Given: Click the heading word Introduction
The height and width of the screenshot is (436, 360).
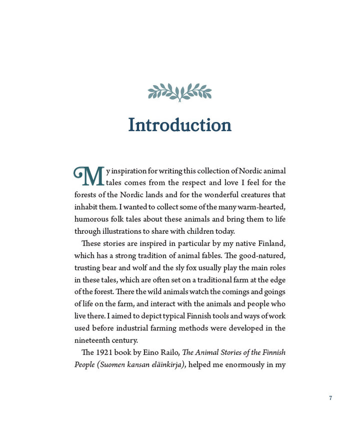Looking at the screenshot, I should coord(180,125).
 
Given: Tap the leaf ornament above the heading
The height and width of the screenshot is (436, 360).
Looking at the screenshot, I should coord(180,92).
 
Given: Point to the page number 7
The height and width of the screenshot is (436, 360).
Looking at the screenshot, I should coord(330,398).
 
